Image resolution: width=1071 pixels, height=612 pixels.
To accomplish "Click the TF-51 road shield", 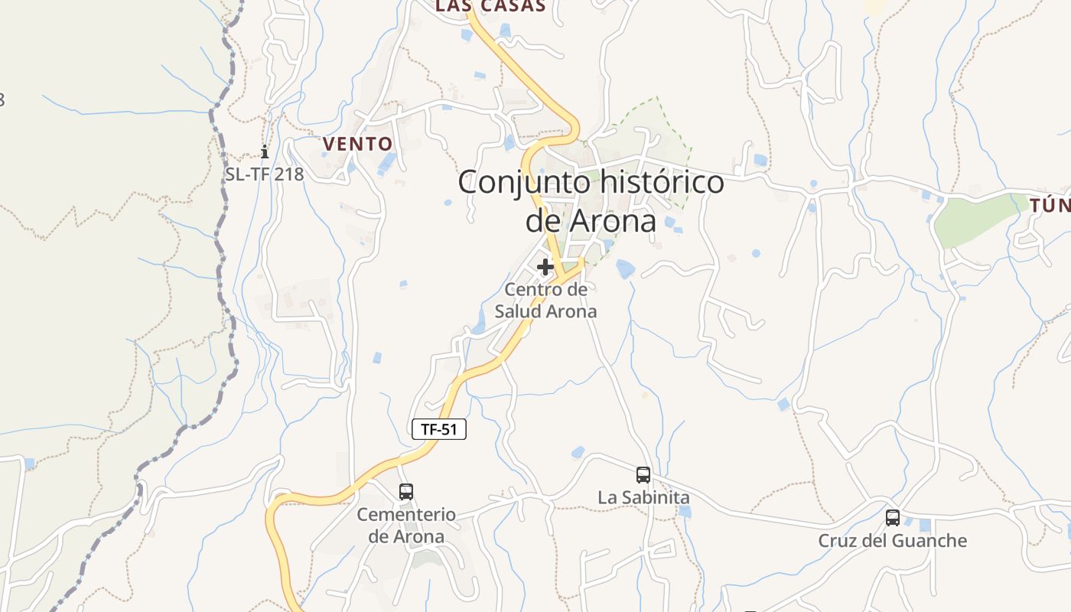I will point(439,429).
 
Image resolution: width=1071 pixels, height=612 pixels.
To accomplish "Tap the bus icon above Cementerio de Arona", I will point(406,491).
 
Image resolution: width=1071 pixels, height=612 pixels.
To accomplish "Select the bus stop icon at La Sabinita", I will point(643,475).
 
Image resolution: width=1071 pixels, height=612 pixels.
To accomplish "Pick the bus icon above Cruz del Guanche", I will point(893,518).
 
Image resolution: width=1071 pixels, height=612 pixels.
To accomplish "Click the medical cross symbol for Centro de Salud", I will point(545,267).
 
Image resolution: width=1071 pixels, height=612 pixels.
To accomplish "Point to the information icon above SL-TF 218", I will point(265,151).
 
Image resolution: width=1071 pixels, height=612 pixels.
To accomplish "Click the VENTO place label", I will point(357,144).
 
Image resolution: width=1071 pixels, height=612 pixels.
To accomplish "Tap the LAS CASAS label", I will point(490,6).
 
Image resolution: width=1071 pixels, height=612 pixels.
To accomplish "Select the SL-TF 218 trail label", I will point(265,174).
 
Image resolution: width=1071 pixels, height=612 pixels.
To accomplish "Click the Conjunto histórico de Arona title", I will point(591,202).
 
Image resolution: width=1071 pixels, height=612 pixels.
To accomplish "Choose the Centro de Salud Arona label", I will point(545,301).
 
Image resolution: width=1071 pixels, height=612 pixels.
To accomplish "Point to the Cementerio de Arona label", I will point(406,526).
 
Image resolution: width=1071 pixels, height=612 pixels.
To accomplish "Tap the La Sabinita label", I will point(643,497).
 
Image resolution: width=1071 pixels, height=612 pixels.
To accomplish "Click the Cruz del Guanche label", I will point(893,541).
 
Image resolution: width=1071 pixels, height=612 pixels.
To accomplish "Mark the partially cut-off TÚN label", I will point(1050,205).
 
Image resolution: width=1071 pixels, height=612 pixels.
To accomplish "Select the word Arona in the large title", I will point(614,221).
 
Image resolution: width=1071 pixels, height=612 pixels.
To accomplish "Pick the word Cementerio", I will point(406,515).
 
